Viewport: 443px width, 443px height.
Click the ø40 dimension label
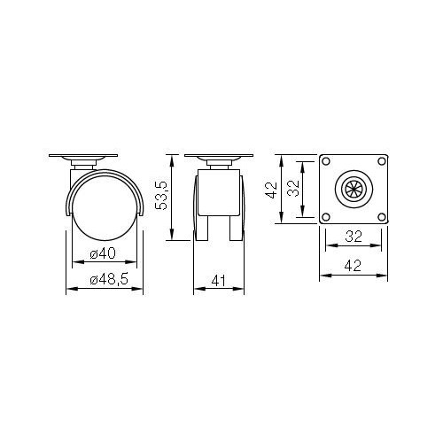click(104, 254)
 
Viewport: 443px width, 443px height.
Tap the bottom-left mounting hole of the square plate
click(324, 215)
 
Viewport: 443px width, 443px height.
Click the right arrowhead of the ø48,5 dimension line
click(140, 290)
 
